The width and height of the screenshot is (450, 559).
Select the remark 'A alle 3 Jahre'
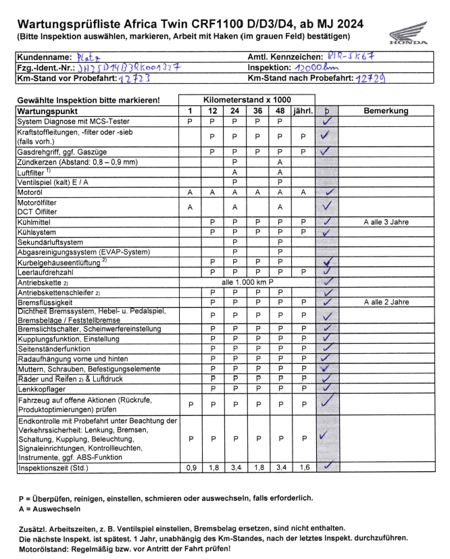(386, 221)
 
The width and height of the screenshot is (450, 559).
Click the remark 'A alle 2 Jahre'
(386, 302)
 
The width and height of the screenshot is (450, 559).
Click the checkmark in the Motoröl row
(330, 192)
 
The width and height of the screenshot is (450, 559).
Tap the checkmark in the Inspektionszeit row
(328, 467)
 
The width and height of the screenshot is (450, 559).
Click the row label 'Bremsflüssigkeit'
(47, 302)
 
